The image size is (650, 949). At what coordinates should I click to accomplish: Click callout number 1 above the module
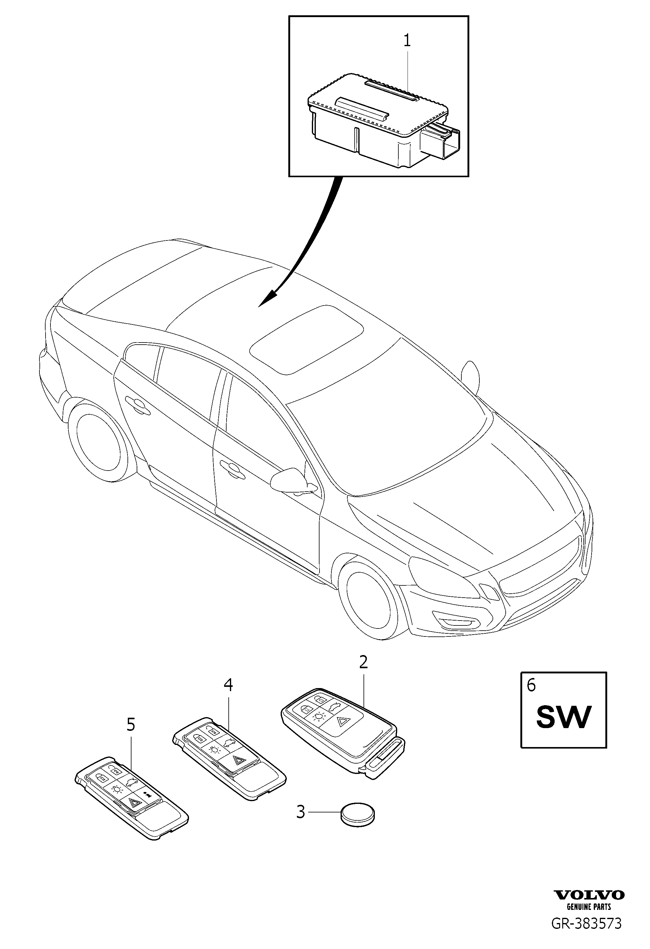(x=407, y=41)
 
